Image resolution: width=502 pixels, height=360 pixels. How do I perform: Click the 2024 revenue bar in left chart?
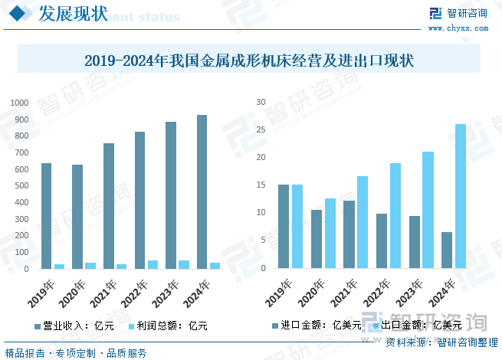(202, 191)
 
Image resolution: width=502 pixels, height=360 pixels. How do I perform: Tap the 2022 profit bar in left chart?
(153, 264)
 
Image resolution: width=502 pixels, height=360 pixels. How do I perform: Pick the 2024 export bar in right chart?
(460, 197)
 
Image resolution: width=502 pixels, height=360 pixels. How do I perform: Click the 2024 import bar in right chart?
(447, 250)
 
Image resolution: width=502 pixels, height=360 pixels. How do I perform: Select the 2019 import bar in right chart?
(283, 227)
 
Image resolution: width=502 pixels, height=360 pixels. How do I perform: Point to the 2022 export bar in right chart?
(395, 216)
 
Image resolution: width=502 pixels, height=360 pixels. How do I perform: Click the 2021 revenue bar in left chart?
(109, 206)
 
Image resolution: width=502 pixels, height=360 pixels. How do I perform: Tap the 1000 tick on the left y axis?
(19, 103)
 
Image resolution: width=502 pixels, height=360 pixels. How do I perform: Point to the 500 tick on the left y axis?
(21, 186)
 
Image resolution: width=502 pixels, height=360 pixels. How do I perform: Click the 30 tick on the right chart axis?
(261, 103)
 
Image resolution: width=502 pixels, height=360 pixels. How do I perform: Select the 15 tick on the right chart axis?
(261, 185)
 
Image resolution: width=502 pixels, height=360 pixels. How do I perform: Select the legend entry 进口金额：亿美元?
(321, 326)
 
